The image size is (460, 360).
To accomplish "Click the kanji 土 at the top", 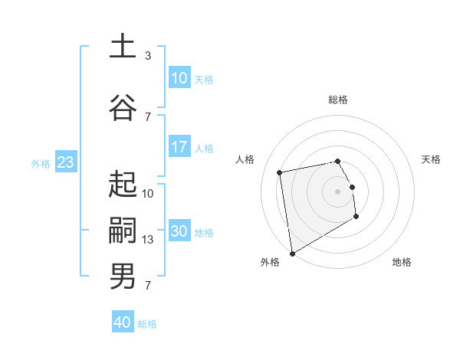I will point(123,46).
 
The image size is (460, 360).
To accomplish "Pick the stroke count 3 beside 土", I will point(148,56).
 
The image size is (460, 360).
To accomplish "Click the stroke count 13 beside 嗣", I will point(148,240).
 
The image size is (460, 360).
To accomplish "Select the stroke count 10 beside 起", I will point(148,194).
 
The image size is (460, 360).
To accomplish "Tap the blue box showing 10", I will point(179,78).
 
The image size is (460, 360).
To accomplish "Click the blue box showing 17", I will point(179,147).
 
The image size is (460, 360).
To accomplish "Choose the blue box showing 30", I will point(179,231).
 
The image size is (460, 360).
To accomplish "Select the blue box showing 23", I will point(66,162).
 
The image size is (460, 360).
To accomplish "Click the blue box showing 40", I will point(123,322).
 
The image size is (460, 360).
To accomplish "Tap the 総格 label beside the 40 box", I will point(147,324).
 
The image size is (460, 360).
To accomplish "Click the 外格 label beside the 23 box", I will point(41,163).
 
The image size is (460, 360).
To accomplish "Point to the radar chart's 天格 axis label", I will point(432,159).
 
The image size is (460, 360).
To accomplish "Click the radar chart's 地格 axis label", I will point(402,262).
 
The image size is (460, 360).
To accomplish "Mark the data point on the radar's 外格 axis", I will point(292,253).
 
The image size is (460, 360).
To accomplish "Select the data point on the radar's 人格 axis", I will point(280,172).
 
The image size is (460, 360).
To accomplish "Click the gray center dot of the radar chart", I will point(338,191).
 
